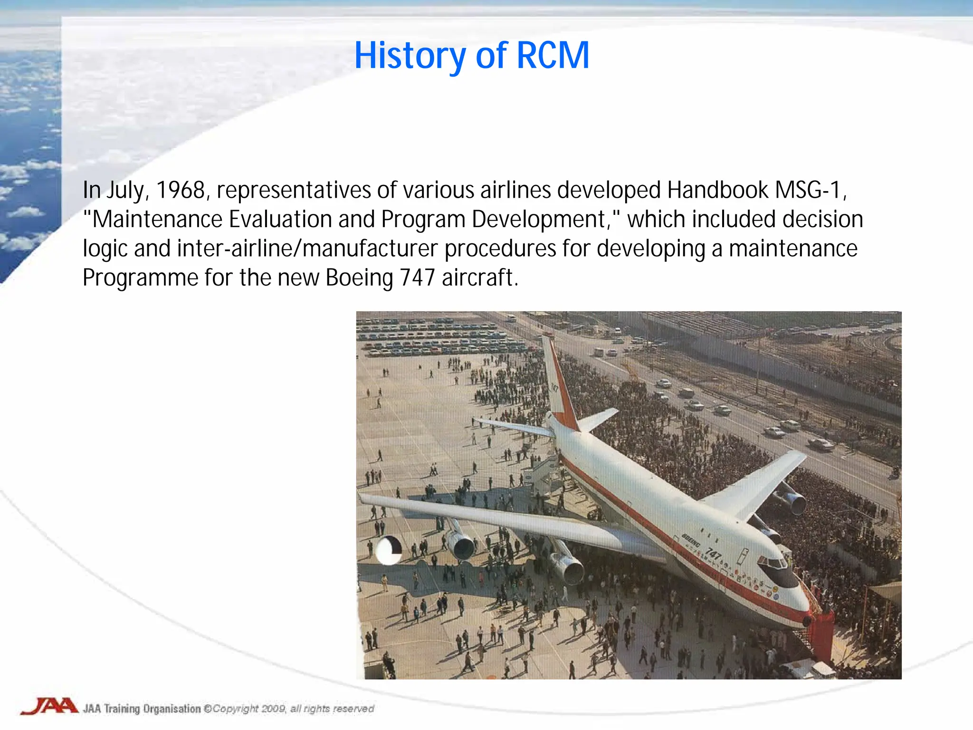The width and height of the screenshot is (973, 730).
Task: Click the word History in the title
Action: [410, 56]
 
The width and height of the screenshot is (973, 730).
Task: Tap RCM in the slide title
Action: [553, 56]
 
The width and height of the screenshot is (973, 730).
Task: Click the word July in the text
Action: [124, 190]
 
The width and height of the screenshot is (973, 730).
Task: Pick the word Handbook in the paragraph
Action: [717, 190]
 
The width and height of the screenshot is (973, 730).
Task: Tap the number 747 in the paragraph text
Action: [417, 278]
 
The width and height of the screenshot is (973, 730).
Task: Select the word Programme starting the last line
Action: [140, 278]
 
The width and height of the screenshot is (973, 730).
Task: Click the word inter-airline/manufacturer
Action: [307, 249]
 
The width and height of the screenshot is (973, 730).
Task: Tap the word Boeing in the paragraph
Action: [359, 278]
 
